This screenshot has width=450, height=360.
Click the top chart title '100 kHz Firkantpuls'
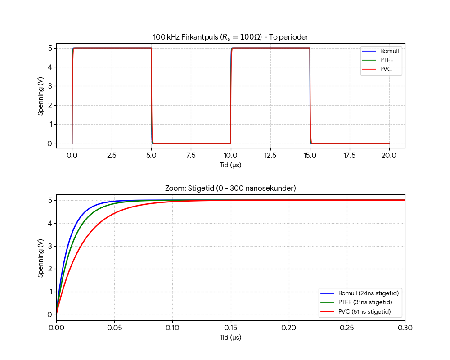[230, 37]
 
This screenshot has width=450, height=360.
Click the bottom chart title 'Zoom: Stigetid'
[230, 188]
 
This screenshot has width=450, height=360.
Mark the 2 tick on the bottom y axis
[49, 269]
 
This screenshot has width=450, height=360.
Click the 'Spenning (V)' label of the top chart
[41, 96]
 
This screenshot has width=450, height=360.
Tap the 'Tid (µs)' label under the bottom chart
[230, 337]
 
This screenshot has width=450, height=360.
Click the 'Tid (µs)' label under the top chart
[230, 165]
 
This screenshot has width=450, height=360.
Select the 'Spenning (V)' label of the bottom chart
[41, 257]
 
